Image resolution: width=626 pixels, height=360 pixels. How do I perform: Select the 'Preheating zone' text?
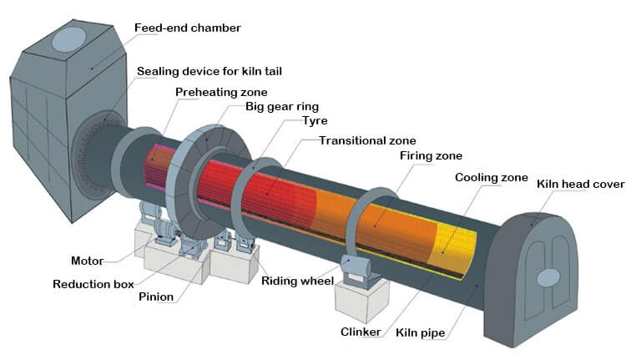[x=221, y=92]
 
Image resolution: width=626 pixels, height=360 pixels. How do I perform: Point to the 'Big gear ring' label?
[x=282, y=108]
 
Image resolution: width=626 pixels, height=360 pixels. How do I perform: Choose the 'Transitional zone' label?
[x=367, y=140]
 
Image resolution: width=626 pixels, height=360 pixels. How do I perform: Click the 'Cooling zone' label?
[x=492, y=178]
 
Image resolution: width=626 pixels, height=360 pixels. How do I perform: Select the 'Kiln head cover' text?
[x=577, y=184]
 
